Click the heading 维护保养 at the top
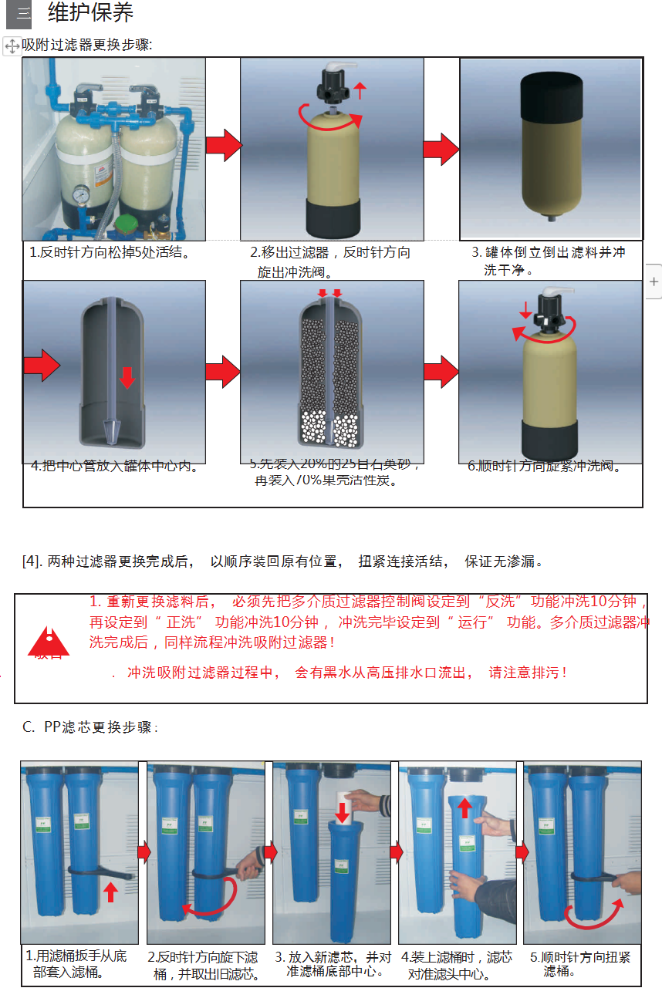[90, 13]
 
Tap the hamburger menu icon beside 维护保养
[19, 14]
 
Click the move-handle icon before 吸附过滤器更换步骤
[12, 46]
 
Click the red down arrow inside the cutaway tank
[127, 377]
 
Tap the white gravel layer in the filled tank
[332, 428]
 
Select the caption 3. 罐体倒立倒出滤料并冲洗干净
[549, 261]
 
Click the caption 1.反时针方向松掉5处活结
[109, 252]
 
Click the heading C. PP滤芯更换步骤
[90, 727]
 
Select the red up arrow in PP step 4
[464, 808]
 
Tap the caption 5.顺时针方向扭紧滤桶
[579, 963]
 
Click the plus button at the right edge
[654, 282]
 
